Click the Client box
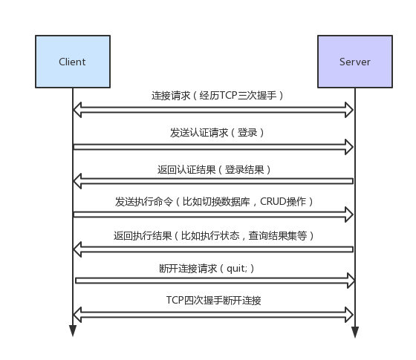73,62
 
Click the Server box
354,62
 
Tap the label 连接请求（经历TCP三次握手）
218,96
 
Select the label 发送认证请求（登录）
217,133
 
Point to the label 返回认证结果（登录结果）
214,169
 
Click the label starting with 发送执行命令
214,202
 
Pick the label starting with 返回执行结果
214,235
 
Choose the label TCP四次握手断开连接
214,301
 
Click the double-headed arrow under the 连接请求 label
214,110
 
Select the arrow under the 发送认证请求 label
214,147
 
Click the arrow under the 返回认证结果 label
214,181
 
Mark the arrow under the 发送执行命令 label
214,215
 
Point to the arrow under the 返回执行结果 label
214,249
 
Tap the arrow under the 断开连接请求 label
214,281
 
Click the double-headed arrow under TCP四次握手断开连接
214,315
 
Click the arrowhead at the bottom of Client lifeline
73,331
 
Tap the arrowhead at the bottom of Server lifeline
354,332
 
